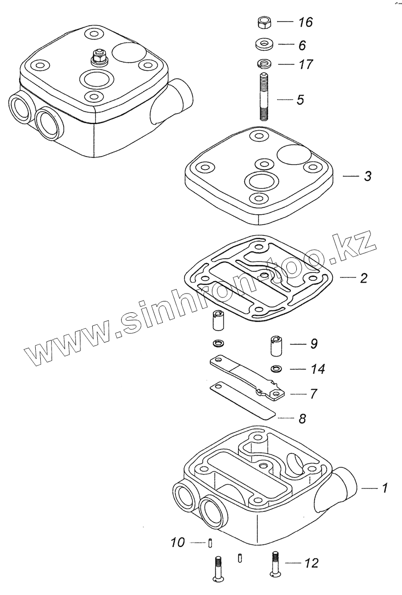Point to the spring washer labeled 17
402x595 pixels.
[265, 63]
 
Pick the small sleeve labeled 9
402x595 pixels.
[276, 346]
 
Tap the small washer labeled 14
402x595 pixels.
[276, 368]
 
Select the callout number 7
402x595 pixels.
[313, 394]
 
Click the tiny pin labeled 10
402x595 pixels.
[211, 543]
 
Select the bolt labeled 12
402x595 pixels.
[275, 566]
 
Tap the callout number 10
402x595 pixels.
[177, 543]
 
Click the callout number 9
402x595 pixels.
[313, 343]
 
